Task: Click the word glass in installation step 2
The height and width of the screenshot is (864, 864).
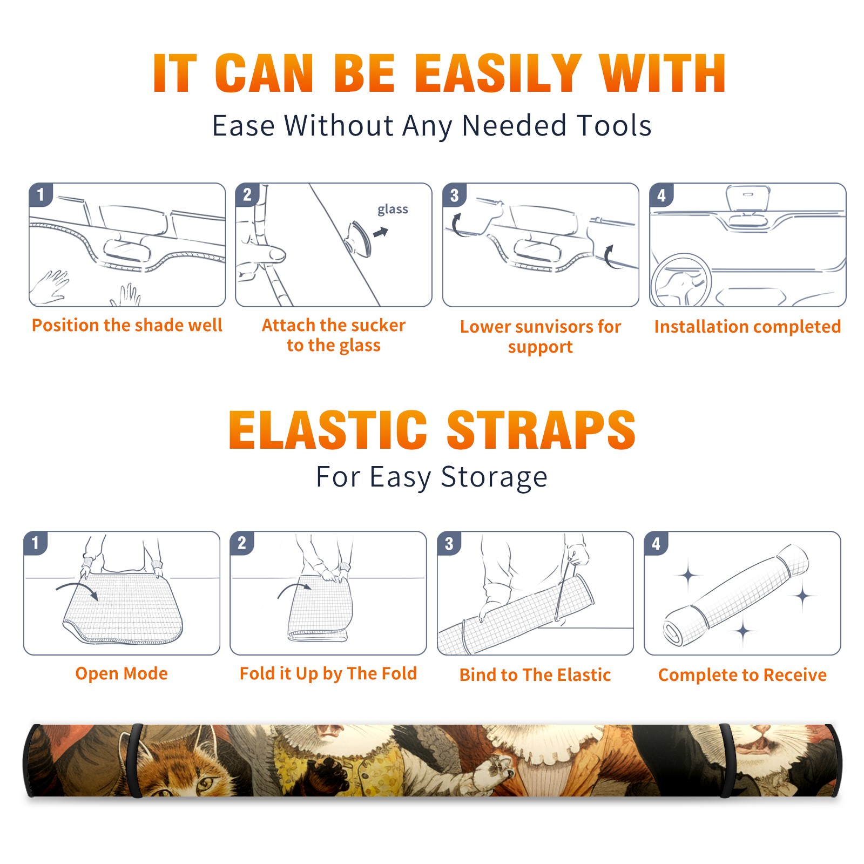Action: point(393,210)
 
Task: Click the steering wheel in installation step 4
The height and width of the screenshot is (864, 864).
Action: point(681,281)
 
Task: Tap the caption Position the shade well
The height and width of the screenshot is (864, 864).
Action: point(127,325)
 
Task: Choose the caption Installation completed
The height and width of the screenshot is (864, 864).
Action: point(747,326)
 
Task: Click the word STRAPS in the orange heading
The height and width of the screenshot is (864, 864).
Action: point(541,430)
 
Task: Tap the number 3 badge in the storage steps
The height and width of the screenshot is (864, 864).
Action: point(449,543)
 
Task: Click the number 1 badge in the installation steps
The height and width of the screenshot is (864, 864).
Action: point(40,194)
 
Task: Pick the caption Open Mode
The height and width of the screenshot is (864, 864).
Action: point(122,673)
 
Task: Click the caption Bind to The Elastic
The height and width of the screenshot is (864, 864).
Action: point(535,675)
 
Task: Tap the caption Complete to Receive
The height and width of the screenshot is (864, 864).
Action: point(742,675)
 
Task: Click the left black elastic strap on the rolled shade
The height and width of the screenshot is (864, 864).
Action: point(135,760)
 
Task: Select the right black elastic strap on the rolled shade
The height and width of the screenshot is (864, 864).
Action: point(727,760)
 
